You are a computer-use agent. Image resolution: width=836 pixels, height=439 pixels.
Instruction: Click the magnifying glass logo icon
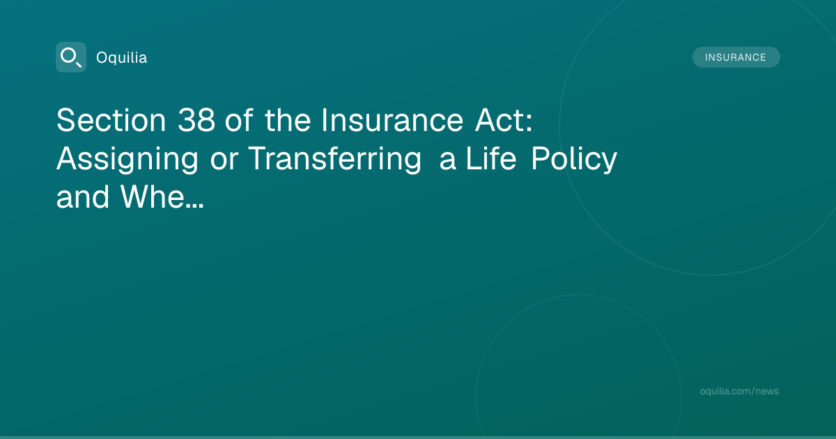[x=71, y=57]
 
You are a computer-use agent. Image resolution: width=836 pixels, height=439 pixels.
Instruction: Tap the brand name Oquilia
[x=122, y=58]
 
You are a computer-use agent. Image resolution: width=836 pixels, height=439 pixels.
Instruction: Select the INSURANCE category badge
[x=736, y=57]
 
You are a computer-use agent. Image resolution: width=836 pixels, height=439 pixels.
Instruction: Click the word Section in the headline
[x=111, y=120]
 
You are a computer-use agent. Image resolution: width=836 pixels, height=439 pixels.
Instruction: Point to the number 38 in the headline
[x=196, y=120]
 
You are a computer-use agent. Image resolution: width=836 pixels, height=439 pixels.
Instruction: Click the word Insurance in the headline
[x=392, y=120]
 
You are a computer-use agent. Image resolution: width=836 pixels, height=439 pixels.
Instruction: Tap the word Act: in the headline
[x=504, y=120]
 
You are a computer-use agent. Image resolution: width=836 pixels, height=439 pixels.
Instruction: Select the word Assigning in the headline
[x=127, y=160]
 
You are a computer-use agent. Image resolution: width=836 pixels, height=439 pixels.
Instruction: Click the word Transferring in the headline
[x=335, y=160]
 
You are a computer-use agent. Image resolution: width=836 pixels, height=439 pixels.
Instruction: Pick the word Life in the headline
[x=491, y=159]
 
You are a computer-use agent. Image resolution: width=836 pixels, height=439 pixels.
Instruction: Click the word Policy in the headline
[x=574, y=160]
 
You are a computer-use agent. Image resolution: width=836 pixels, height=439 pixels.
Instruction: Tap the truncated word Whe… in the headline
[x=162, y=197]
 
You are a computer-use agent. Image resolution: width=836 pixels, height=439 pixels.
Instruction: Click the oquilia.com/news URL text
[x=739, y=391]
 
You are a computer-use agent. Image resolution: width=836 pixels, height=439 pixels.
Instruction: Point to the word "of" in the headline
[x=239, y=120]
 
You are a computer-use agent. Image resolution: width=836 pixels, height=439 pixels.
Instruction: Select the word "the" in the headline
[x=287, y=120]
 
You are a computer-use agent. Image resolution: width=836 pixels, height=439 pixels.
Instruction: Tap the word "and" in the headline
[x=83, y=197]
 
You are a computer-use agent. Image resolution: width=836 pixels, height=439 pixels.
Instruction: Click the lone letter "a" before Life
[x=447, y=162]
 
